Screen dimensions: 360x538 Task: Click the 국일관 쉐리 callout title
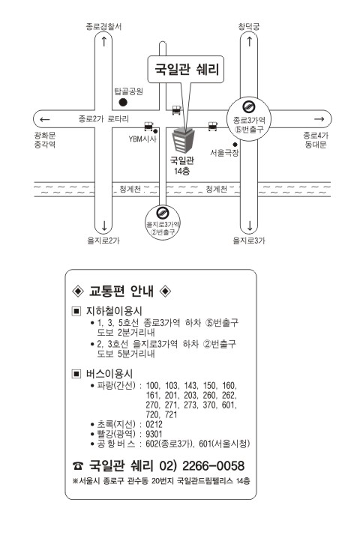click(x=186, y=69)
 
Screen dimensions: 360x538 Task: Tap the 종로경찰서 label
click(x=103, y=27)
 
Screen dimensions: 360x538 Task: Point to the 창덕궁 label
click(x=249, y=26)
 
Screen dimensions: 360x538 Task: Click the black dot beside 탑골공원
click(x=123, y=102)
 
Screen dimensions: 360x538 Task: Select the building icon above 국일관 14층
click(x=183, y=140)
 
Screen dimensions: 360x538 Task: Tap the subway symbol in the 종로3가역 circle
click(x=248, y=107)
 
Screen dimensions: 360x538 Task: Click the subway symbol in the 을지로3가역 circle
click(x=163, y=213)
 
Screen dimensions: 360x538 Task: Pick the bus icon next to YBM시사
click(x=148, y=127)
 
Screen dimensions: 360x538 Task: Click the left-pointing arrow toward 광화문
click(x=45, y=119)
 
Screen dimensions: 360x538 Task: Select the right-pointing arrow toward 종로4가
click(x=319, y=119)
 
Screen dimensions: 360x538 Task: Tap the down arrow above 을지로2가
click(x=104, y=226)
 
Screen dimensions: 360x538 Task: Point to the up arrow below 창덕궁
click(x=250, y=41)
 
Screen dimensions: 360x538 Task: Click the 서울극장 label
click(x=224, y=153)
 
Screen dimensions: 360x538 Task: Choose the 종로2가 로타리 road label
click(x=103, y=119)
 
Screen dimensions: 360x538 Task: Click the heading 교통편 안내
click(x=121, y=291)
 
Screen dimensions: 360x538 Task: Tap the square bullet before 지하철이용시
click(x=76, y=311)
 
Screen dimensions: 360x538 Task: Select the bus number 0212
click(x=154, y=424)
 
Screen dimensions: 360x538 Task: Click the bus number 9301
click(x=154, y=434)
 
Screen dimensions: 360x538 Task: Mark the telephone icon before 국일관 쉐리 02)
click(x=78, y=466)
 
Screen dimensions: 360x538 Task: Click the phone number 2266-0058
click(x=213, y=465)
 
